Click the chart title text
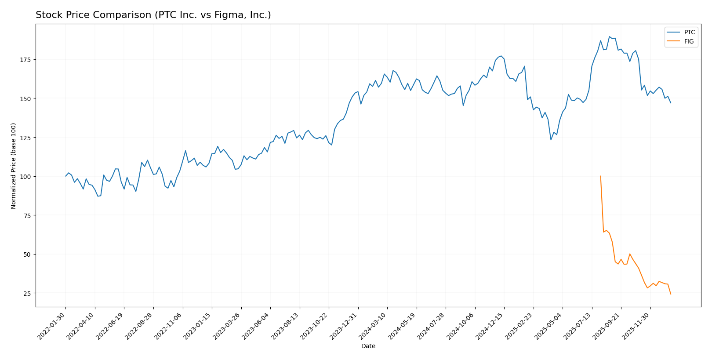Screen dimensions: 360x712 153,15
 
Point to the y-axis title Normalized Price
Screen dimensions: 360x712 14,166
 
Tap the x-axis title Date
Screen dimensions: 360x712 368,346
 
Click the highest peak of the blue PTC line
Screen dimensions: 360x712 609,37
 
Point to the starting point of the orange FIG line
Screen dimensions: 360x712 600,176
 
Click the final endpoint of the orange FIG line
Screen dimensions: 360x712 671,294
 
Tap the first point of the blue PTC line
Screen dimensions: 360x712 65,176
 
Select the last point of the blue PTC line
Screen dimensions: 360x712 671,103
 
